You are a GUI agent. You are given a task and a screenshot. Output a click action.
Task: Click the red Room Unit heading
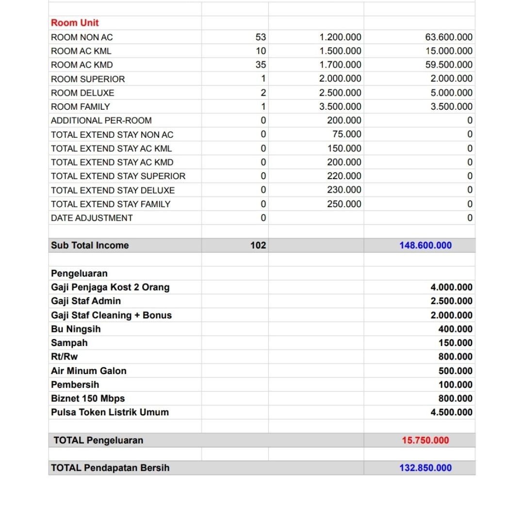[x=75, y=23]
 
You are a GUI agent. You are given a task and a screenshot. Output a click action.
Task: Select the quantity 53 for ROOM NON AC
[x=260, y=37]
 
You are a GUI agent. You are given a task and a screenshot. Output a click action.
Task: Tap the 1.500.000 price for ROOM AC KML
[x=340, y=51]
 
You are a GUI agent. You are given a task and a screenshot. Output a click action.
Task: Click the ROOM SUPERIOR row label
[x=88, y=79]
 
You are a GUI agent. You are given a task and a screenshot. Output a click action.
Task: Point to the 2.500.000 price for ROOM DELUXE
[x=340, y=93]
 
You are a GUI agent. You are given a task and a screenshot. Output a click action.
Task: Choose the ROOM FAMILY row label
[x=81, y=107]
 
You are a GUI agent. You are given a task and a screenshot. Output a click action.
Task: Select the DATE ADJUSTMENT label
[x=92, y=218]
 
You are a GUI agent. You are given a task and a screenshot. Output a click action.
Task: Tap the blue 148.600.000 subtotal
[x=425, y=246]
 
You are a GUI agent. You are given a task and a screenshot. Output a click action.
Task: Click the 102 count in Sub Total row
[x=258, y=246]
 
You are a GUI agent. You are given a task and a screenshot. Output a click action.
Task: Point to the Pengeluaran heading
[x=79, y=273]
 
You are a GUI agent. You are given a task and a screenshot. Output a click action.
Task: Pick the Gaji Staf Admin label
[x=86, y=301]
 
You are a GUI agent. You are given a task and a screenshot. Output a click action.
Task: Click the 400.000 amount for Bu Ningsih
[x=455, y=329]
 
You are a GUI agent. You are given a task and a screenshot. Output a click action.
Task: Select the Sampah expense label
[x=69, y=343]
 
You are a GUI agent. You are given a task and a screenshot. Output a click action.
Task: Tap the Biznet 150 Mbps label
[x=88, y=398]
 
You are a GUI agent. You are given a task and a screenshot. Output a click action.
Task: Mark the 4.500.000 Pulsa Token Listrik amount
[x=451, y=412]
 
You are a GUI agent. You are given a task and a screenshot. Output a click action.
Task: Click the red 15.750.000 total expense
[x=425, y=441]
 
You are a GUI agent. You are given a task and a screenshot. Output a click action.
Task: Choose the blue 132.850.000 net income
[x=425, y=468]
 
